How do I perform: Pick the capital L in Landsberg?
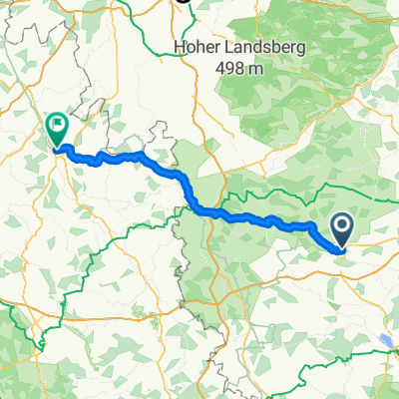(x=227, y=46)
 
